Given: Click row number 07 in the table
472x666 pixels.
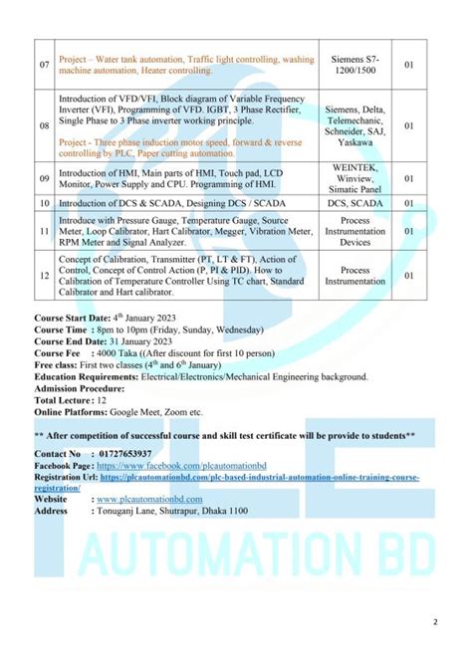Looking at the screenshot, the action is click(44, 65).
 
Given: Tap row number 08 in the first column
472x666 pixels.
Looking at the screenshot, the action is click(44, 126).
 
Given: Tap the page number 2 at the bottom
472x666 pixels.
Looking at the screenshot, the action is click(434, 623).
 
